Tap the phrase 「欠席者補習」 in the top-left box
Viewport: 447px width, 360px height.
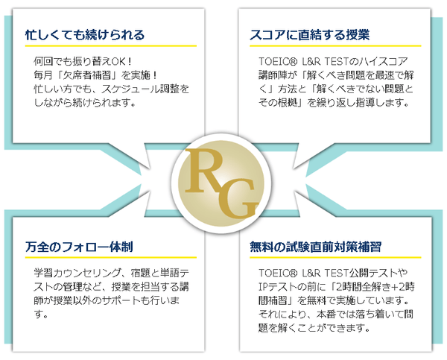click(83, 75)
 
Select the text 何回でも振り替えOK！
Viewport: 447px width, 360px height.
click(83, 62)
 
